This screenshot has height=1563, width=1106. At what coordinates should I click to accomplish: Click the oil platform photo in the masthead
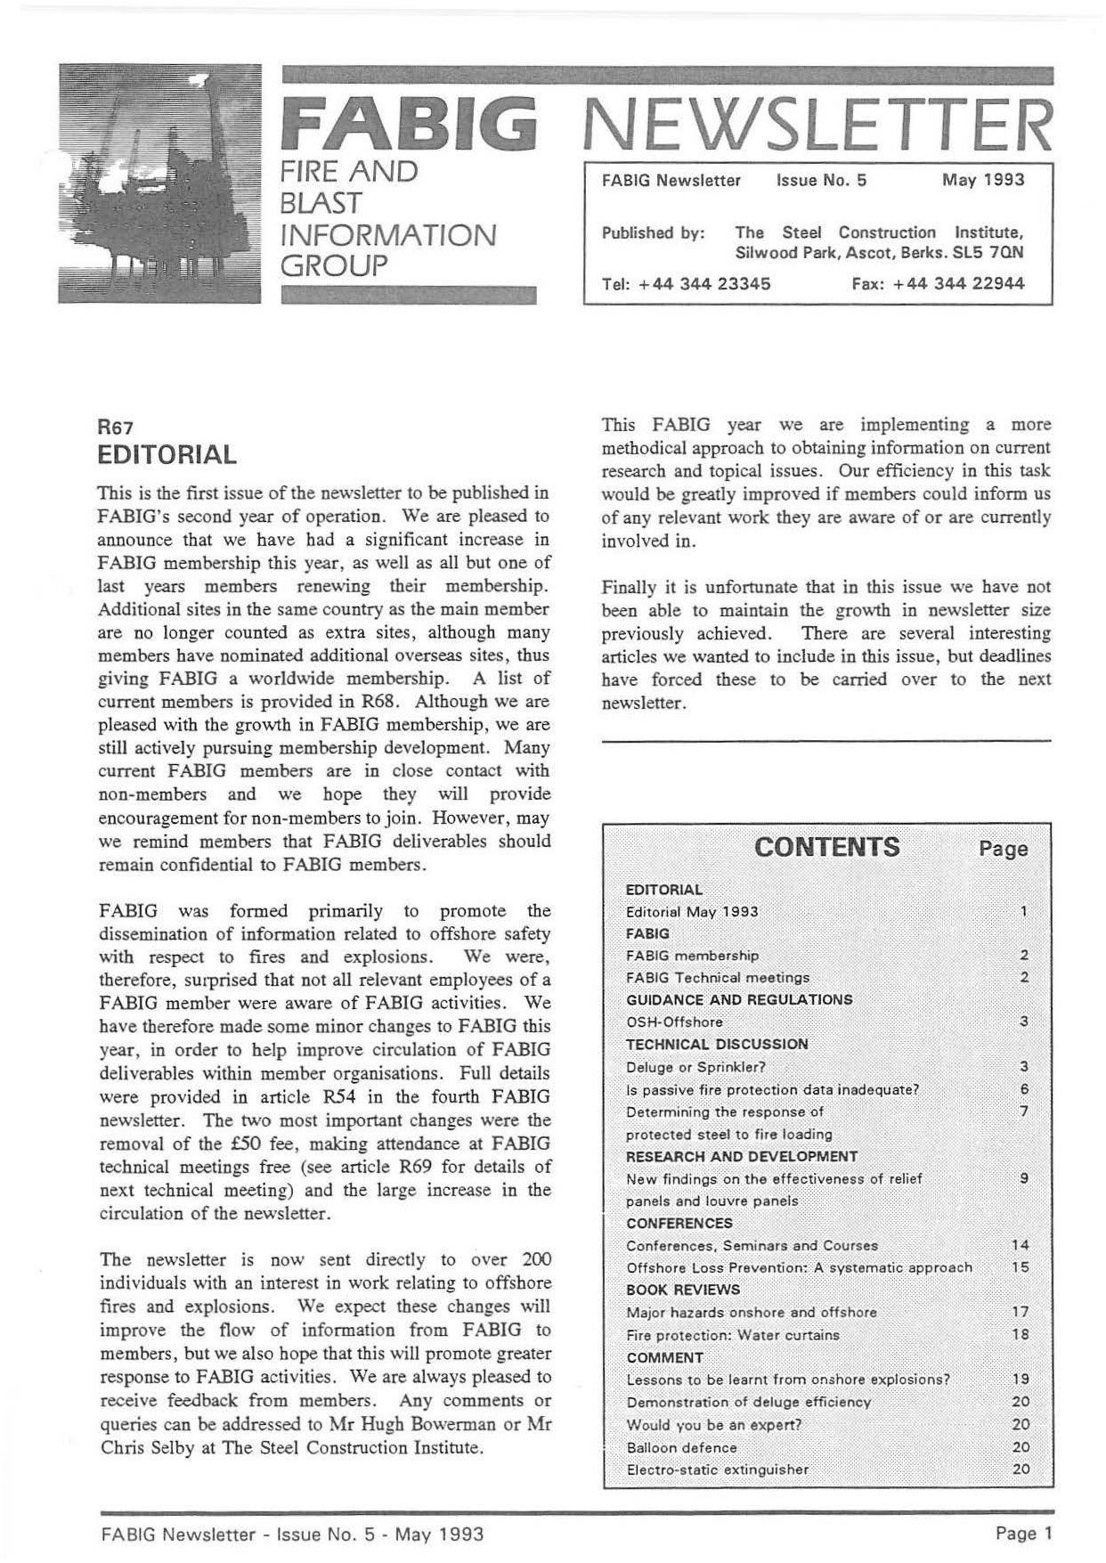pyautogui.click(x=160, y=183)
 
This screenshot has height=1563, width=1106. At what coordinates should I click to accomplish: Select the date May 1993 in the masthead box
pyautogui.click(x=982, y=180)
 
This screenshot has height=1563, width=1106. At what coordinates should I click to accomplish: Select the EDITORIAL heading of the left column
pyautogui.click(x=167, y=455)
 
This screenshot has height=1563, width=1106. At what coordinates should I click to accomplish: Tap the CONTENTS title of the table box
pyautogui.click(x=826, y=847)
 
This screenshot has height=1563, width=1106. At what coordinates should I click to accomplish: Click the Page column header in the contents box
pyautogui.click(x=1004, y=849)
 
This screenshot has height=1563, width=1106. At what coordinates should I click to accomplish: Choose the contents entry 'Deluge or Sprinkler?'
pyautogui.click(x=695, y=1067)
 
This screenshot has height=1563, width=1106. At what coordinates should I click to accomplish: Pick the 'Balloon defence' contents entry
pyautogui.click(x=681, y=1447)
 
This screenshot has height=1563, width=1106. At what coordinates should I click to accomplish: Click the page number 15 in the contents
pyautogui.click(x=1021, y=1267)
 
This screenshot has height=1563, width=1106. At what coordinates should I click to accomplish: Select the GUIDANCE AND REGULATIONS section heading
pyautogui.click(x=739, y=999)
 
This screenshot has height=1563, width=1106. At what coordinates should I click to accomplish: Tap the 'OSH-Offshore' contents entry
pyautogui.click(x=674, y=1022)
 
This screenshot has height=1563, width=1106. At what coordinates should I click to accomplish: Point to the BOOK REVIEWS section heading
pyautogui.click(x=683, y=1290)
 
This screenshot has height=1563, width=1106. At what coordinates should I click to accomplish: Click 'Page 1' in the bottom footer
pyautogui.click(x=1024, y=1534)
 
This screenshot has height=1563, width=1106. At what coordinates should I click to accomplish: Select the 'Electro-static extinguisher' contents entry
pyautogui.click(x=717, y=1469)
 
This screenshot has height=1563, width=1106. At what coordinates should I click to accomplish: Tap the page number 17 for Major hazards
pyautogui.click(x=1021, y=1312)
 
